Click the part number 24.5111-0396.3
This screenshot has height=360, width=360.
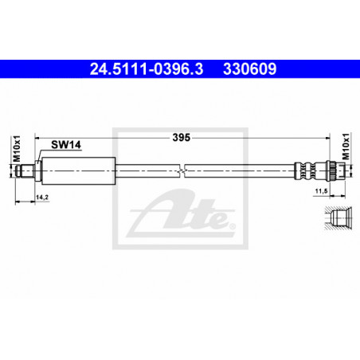tap(147, 69)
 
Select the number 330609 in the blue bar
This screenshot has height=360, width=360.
tap(250, 69)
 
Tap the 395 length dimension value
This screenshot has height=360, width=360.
tap(182, 138)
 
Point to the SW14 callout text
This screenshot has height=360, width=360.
tap(66, 145)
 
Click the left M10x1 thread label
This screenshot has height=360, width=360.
tap(17, 148)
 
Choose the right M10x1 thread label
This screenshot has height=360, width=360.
tap(346, 147)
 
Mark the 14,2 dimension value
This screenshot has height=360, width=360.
tap(42, 197)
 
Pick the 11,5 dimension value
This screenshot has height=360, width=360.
tap(321, 190)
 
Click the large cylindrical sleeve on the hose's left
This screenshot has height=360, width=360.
tap(79, 170)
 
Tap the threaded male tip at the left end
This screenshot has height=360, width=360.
tap(24, 170)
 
